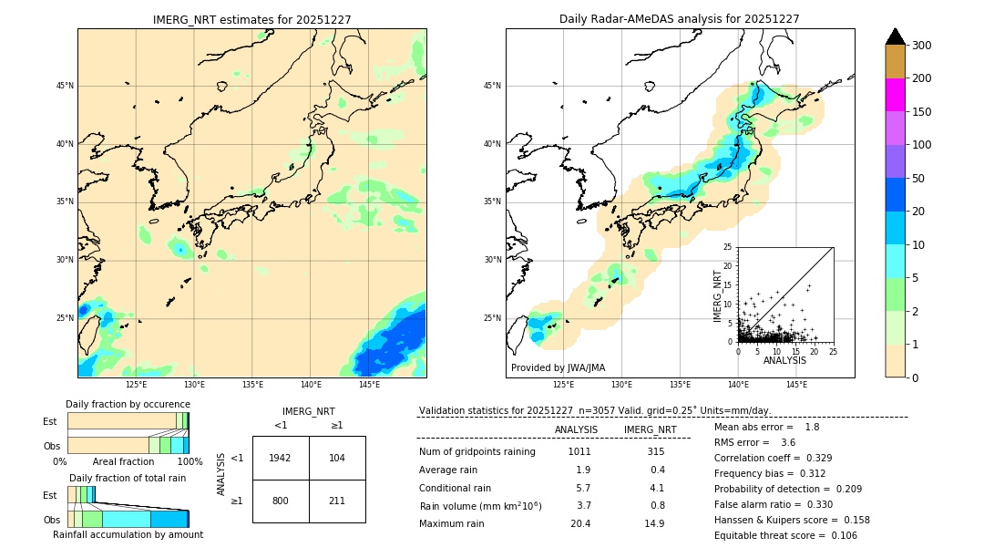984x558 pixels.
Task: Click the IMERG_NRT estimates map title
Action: pyautogui.click(x=251, y=19)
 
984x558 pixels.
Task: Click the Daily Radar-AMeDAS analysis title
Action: pyautogui.click(x=680, y=19)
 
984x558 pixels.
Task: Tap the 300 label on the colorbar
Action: pyautogui.click(x=921, y=46)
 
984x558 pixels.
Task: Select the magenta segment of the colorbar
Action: pyautogui.click(x=896, y=95)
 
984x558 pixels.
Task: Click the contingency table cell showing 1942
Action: pyautogui.click(x=281, y=458)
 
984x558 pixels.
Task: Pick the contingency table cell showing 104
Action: pyautogui.click(x=337, y=458)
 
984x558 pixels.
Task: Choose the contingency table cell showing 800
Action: pyautogui.click(x=281, y=501)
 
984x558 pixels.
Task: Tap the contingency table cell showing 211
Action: pyautogui.click(x=337, y=501)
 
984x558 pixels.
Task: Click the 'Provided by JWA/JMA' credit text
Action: pyautogui.click(x=558, y=368)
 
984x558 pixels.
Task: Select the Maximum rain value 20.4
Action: pyautogui.click(x=580, y=523)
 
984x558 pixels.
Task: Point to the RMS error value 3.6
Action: pyautogui.click(x=788, y=443)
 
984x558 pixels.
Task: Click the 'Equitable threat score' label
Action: pyautogui.click(x=759, y=535)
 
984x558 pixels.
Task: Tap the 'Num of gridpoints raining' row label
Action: pyautogui.click(x=477, y=452)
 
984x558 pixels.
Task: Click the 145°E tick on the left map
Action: pyautogui.click(x=369, y=385)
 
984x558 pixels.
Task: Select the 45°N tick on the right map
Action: pyautogui.click(x=492, y=86)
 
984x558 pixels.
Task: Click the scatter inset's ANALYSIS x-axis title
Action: pyautogui.click(x=784, y=361)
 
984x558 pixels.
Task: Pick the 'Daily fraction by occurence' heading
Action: pyautogui.click(x=128, y=405)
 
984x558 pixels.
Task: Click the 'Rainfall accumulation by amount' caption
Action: pyautogui.click(x=128, y=535)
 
